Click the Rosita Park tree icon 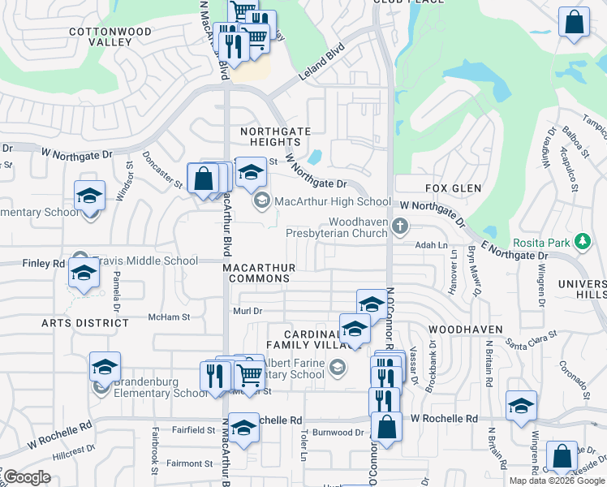(x=581, y=242)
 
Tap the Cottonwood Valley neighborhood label (x=100, y=36)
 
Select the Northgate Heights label (x=275, y=136)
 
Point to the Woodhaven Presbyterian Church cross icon (x=398, y=225)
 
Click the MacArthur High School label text (x=333, y=201)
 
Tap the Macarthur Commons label (x=259, y=272)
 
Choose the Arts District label (x=85, y=322)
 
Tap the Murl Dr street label (x=248, y=311)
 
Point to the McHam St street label (x=169, y=317)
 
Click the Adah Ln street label (x=431, y=244)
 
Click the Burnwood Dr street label (x=337, y=433)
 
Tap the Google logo (x=26, y=477)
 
